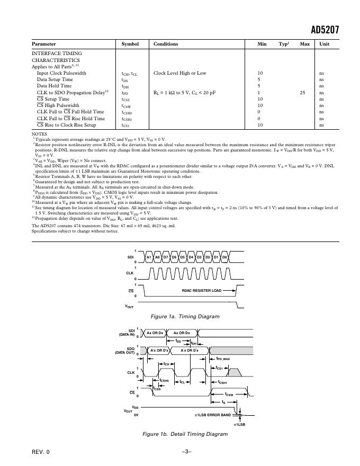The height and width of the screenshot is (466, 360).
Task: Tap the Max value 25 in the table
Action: click(x=302, y=92)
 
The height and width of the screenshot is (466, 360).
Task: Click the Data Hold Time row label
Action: click(x=54, y=86)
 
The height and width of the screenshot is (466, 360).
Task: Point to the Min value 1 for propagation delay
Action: click(x=259, y=92)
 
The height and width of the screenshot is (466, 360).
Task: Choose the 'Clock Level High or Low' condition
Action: click(x=179, y=73)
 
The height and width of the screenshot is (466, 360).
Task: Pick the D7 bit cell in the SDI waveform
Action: click(x=166, y=257)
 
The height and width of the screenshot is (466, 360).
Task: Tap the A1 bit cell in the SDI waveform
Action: click(x=149, y=257)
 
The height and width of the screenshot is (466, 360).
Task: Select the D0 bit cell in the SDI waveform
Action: click(x=224, y=257)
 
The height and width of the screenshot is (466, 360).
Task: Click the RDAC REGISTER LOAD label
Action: click(x=202, y=290)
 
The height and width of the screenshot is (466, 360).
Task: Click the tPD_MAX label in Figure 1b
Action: click(x=223, y=359)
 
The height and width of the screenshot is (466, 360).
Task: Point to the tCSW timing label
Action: click(x=229, y=395)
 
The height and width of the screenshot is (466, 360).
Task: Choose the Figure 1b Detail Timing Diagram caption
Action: click(x=185, y=434)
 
